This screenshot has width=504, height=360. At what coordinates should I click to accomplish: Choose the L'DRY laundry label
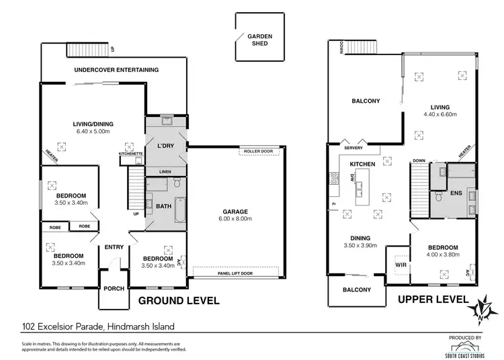coord(165,146)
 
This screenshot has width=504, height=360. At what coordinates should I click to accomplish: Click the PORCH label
coord(114,289)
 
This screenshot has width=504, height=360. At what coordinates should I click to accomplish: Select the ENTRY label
coord(114,246)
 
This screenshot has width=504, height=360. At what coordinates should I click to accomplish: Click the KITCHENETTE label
coord(130,154)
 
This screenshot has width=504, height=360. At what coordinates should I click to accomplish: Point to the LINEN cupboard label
coord(165,172)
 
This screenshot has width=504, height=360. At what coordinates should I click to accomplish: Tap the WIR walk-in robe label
coord(401,265)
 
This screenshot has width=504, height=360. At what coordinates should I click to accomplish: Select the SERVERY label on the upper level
coord(354,148)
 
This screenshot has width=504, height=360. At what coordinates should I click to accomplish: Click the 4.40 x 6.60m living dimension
coord(440,115)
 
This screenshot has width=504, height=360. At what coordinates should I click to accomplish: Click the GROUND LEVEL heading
coord(179,301)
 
